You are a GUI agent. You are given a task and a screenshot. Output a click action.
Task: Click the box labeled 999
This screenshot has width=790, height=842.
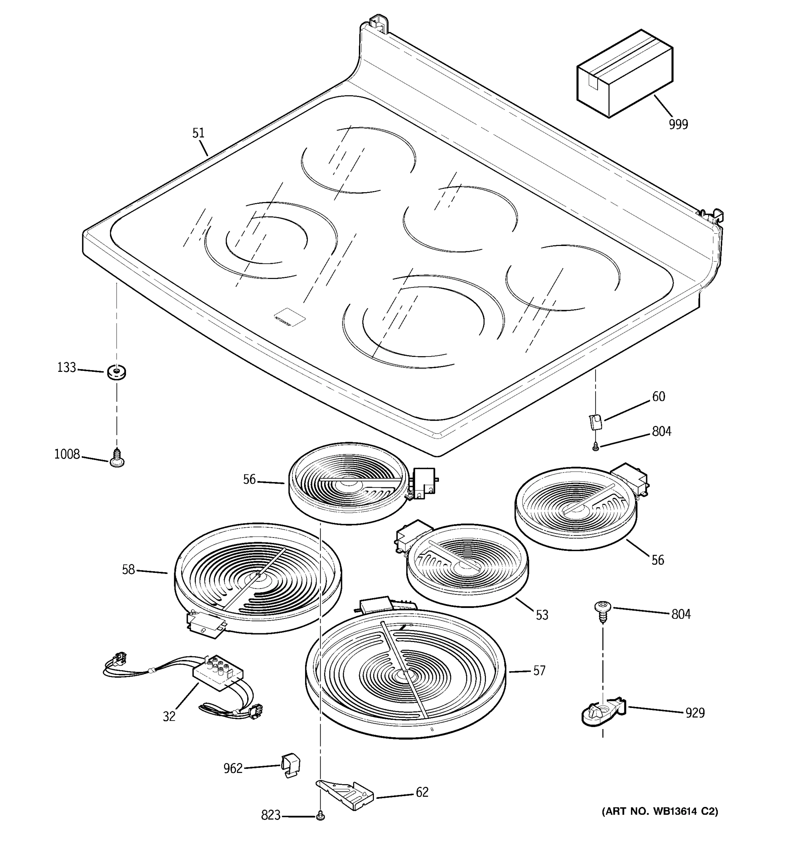point(624,74)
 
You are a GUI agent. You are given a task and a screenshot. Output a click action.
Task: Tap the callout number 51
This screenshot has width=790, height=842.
point(198,133)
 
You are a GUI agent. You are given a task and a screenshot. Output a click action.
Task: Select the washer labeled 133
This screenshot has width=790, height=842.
point(116,372)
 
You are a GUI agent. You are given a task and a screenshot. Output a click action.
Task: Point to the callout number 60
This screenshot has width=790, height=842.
point(658,397)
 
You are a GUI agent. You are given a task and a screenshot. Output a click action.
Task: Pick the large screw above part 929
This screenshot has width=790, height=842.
point(602,612)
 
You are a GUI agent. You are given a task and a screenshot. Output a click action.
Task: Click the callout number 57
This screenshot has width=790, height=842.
point(539,670)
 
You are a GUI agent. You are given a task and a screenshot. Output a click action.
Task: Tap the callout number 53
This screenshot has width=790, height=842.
point(542,615)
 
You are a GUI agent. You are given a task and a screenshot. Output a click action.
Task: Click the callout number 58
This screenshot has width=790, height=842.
point(129,570)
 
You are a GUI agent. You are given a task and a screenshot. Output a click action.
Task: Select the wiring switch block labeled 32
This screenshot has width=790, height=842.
point(218,674)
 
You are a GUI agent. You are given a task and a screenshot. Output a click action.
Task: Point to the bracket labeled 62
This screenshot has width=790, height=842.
point(345,794)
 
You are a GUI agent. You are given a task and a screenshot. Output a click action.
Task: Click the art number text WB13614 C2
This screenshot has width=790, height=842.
point(660,811)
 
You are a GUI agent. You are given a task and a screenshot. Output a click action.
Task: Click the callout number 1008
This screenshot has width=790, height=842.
point(67,454)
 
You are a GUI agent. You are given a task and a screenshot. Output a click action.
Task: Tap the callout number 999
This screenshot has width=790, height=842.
point(678,125)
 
